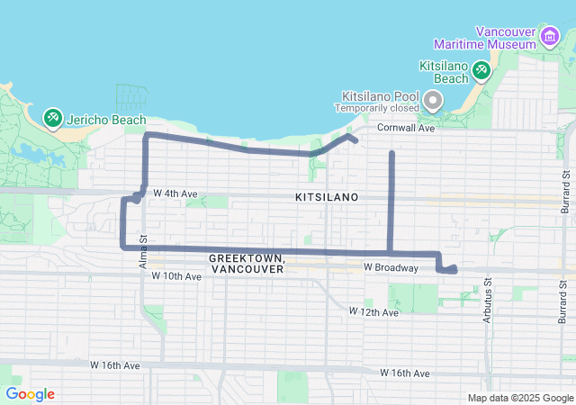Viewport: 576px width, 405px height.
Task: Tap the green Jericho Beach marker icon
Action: click(x=53, y=118)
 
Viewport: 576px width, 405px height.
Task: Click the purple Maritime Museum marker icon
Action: click(x=549, y=36)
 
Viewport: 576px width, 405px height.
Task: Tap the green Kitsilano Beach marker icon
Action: click(x=481, y=68)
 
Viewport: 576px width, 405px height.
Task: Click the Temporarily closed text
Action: click(x=378, y=108)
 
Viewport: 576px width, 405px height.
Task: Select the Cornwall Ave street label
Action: click(x=405, y=129)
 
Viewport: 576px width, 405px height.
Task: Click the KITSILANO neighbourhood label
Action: click(x=327, y=196)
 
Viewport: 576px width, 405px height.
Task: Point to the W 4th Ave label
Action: click(x=175, y=193)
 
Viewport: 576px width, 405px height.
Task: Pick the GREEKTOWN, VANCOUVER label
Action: click(x=247, y=263)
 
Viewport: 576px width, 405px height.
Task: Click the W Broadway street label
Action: click(x=391, y=268)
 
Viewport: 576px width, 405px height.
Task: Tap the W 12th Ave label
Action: click(x=373, y=311)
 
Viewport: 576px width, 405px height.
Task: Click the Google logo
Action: click(x=30, y=394)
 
